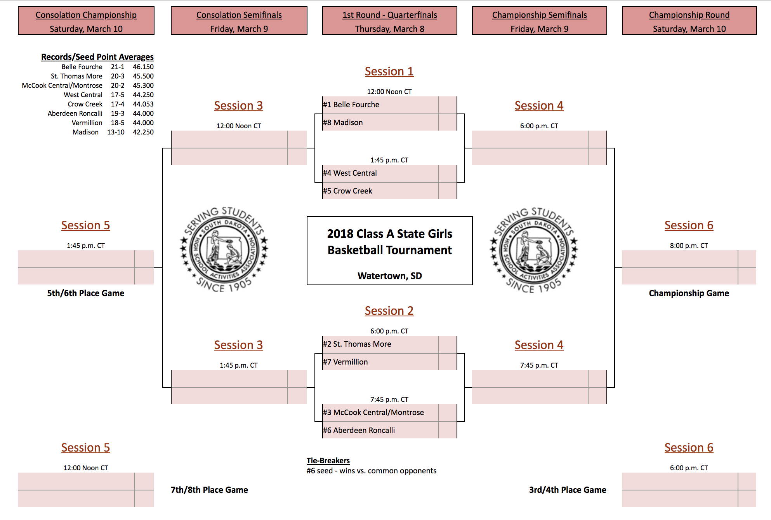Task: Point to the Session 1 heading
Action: pyautogui.click(x=389, y=72)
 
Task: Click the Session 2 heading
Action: pyautogui.click(x=389, y=311)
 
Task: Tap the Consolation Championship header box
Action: pyautogui.click(x=86, y=21)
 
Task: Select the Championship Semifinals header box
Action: pyautogui.click(x=540, y=21)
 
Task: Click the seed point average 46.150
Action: pyautogui.click(x=143, y=67)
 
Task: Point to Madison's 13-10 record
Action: pyautogui.click(x=116, y=132)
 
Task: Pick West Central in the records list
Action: pyautogui.click(x=83, y=95)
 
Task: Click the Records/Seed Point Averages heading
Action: pyautogui.click(x=97, y=57)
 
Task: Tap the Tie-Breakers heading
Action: pyautogui.click(x=328, y=461)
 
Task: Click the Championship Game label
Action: pyautogui.click(x=689, y=293)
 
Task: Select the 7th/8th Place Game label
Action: pyautogui.click(x=209, y=490)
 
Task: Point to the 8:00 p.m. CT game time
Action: pyautogui.click(x=689, y=246)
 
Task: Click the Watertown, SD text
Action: pyautogui.click(x=390, y=276)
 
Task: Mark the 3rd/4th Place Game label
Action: pyautogui.click(x=568, y=490)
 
